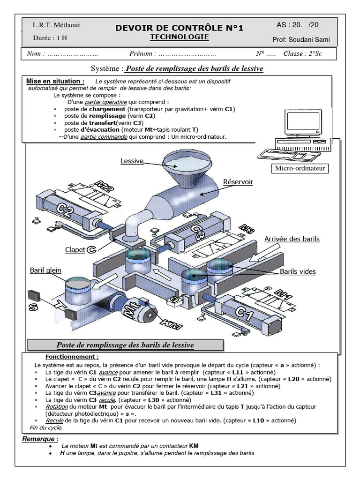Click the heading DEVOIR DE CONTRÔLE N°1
180,28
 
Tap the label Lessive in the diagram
132,161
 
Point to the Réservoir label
238,182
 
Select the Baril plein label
45,270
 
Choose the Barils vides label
298,271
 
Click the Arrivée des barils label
292,239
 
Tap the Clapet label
75,250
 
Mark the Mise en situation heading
55,81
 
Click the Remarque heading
40,439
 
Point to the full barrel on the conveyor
80,291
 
